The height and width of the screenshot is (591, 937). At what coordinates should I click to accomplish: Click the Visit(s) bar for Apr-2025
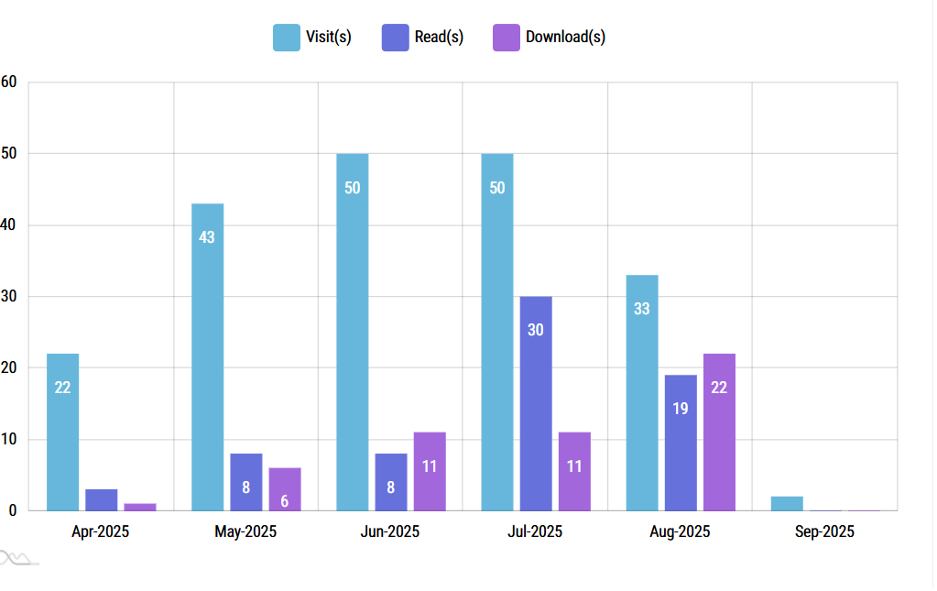tap(62, 432)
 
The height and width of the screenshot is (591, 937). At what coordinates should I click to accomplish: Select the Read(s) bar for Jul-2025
tap(536, 403)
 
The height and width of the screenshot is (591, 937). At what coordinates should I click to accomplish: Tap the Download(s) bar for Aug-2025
tap(719, 432)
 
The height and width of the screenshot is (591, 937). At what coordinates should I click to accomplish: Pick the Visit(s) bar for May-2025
tap(207, 356)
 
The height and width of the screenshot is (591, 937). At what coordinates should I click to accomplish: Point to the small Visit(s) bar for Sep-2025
tap(787, 503)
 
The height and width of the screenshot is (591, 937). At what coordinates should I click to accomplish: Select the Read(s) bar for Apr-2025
tap(102, 499)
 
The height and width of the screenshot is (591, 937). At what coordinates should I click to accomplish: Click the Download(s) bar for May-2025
tap(285, 488)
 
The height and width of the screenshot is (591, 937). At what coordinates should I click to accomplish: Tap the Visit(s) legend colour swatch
tap(287, 38)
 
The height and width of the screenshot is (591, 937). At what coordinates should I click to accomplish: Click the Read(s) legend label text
tap(439, 38)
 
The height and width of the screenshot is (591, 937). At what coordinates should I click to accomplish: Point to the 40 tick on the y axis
tap(9, 225)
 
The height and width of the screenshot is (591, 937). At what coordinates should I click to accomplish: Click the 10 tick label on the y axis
tap(9, 440)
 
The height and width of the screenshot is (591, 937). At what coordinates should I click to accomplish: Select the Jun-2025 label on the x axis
tap(389, 531)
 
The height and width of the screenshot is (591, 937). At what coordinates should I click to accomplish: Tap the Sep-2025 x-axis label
tap(824, 531)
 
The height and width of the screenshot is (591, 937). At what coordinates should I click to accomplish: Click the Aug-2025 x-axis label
tap(680, 531)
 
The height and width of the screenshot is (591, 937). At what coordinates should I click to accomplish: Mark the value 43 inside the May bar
tap(207, 237)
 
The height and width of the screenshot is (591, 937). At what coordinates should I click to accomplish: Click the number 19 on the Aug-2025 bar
tap(681, 409)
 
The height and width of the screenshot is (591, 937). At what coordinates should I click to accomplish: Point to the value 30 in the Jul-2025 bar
tap(536, 330)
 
